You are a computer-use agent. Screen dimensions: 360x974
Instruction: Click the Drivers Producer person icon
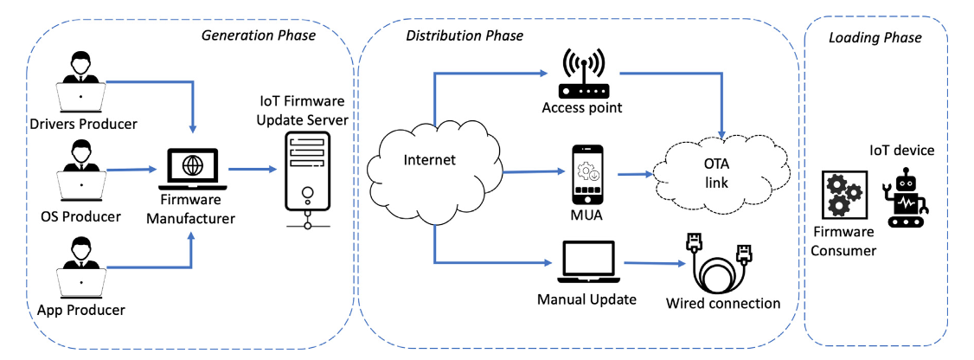pos(81,81)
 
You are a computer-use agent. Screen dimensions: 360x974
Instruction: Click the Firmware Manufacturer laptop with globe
pos(191,168)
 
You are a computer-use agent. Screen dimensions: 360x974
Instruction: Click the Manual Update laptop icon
pos(587,261)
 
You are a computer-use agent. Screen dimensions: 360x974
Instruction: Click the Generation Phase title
pos(259,35)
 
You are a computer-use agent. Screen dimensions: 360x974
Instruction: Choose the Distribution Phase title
pos(465,35)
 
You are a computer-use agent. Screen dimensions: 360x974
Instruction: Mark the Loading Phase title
pos(875,37)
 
